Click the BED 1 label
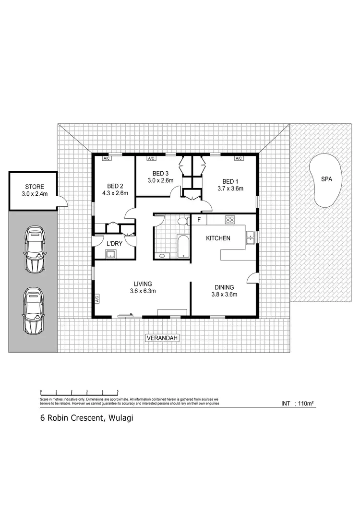click(230, 185)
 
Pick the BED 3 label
click(161, 177)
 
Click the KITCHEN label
click(218, 238)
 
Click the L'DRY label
click(114, 244)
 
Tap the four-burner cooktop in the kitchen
click(230, 220)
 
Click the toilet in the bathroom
click(181, 221)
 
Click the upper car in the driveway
click(34, 248)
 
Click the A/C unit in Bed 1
click(238, 158)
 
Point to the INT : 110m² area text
click(297, 404)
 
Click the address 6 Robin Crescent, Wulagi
click(86, 418)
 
